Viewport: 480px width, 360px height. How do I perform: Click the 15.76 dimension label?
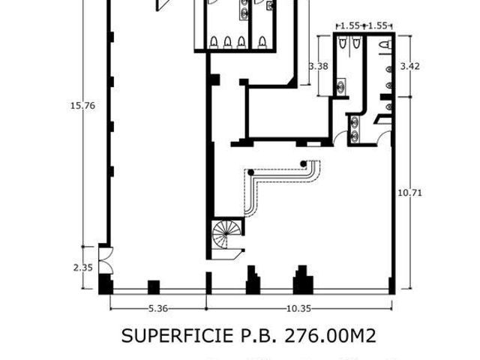coord(82,106)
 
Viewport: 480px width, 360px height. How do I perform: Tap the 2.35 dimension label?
coord(82,268)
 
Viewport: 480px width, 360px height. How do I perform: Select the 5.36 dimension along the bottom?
coord(158,308)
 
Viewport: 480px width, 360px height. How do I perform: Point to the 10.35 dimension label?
coord(298,308)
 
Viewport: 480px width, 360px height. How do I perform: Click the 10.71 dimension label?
coord(409,193)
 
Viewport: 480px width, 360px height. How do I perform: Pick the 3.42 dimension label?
coord(410,66)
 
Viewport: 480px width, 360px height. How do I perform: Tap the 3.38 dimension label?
coord(318,66)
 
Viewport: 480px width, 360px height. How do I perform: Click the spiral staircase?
coord(226,234)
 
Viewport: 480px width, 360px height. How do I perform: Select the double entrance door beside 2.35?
coord(106,260)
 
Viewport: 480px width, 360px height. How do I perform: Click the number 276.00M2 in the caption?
coord(330,336)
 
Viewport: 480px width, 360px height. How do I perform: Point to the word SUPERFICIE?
coord(178,336)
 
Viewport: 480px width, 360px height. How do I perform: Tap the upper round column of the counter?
coord(303,163)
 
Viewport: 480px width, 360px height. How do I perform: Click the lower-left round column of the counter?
coord(251,172)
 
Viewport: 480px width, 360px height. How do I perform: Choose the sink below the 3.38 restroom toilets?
coord(340,86)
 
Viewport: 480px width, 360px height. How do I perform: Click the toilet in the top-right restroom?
coord(385,45)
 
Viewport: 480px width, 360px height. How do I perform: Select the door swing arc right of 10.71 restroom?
coord(384,137)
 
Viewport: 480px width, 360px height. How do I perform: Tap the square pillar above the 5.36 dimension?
coord(154,287)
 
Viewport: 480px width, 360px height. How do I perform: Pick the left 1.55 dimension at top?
coord(350,25)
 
